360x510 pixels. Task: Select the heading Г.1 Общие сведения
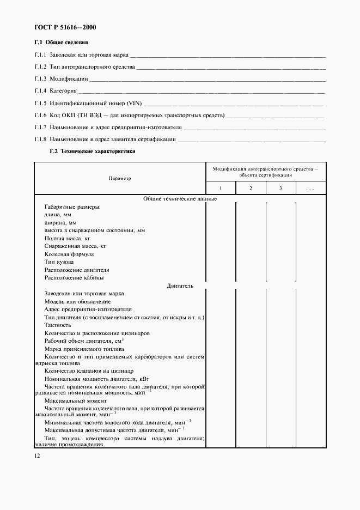(61, 42)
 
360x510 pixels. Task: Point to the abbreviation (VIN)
(133, 103)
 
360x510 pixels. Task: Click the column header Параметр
(119, 178)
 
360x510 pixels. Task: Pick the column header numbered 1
(221, 188)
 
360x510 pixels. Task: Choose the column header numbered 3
(280, 188)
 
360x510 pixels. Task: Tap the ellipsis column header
(310, 188)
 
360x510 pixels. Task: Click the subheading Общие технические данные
(180, 199)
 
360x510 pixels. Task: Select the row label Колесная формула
(69, 254)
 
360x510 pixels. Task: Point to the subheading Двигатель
(180, 286)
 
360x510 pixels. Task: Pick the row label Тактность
(58, 325)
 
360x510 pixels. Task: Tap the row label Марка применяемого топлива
(84, 349)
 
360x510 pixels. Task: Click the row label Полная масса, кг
(67, 239)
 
